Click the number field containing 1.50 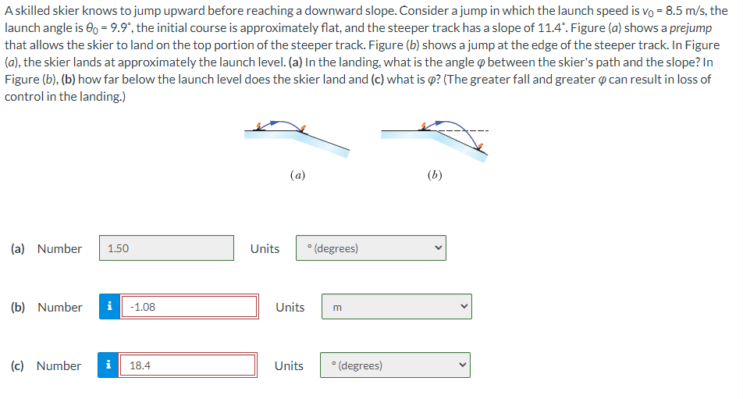point(166,248)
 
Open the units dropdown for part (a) point(371,248)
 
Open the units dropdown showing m point(396,307)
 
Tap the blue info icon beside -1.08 point(108,307)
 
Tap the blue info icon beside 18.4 point(108,365)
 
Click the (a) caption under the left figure point(297,176)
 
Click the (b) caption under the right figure point(435,176)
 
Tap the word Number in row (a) point(59,248)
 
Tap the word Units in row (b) point(290,307)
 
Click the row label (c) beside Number point(19,365)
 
